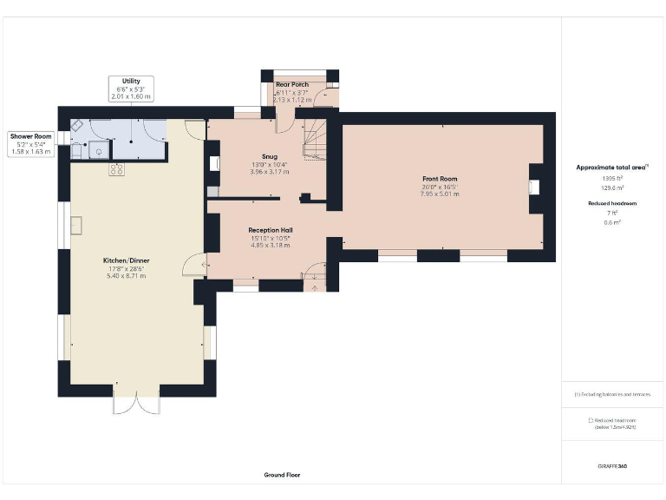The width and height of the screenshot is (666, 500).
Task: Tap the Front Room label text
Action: [x=440, y=179]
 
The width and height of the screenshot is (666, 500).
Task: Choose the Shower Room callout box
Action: [x=31, y=144]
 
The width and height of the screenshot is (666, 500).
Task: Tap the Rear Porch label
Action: [x=292, y=85]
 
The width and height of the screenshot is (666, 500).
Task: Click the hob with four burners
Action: [x=115, y=170]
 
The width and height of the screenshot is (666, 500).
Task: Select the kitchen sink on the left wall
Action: [x=76, y=226]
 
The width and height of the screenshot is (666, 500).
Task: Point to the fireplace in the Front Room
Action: [x=534, y=186]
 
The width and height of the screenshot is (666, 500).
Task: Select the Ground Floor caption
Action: [x=282, y=475]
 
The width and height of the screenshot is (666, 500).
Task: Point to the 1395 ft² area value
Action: [x=613, y=179]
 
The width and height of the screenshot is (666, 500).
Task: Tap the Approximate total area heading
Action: [x=611, y=167]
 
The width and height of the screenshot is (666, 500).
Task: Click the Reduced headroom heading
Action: [x=613, y=202]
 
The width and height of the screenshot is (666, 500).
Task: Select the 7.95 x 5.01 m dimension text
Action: [x=440, y=194]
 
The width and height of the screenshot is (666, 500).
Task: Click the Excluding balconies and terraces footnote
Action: [x=612, y=394]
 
